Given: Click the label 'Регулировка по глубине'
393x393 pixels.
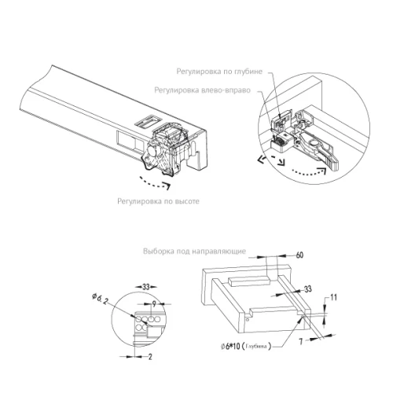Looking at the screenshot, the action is (x=219, y=72).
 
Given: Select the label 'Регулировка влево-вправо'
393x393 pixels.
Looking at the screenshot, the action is (x=202, y=90).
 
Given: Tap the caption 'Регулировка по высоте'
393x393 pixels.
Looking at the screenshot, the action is (x=158, y=201).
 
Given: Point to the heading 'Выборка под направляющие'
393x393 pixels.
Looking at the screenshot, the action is (x=194, y=252).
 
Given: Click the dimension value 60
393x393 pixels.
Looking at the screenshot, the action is (x=299, y=255).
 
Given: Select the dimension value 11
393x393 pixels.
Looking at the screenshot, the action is (x=333, y=297).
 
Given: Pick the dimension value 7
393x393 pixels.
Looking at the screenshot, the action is (x=301, y=341).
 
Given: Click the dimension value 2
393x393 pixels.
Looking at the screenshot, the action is (x=150, y=357).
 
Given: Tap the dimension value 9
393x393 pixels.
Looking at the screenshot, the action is (x=154, y=304).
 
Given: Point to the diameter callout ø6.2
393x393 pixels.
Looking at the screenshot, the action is (x=100, y=299).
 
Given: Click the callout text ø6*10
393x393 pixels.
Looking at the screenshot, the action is (x=230, y=347).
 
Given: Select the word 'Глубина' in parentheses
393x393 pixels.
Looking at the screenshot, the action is (x=256, y=347).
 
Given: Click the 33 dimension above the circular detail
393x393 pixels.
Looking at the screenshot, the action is (x=146, y=287).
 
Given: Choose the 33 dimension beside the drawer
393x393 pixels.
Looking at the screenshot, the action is (x=307, y=289).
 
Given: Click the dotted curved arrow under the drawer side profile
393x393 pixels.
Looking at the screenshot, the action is (x=155, y=184).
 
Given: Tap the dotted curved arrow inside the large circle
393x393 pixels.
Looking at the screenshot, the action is (x=309, y=173).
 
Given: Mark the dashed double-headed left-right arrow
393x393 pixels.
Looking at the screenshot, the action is (x=271, y=160).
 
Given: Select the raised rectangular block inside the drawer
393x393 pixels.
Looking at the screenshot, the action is (x=249, y=281).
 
